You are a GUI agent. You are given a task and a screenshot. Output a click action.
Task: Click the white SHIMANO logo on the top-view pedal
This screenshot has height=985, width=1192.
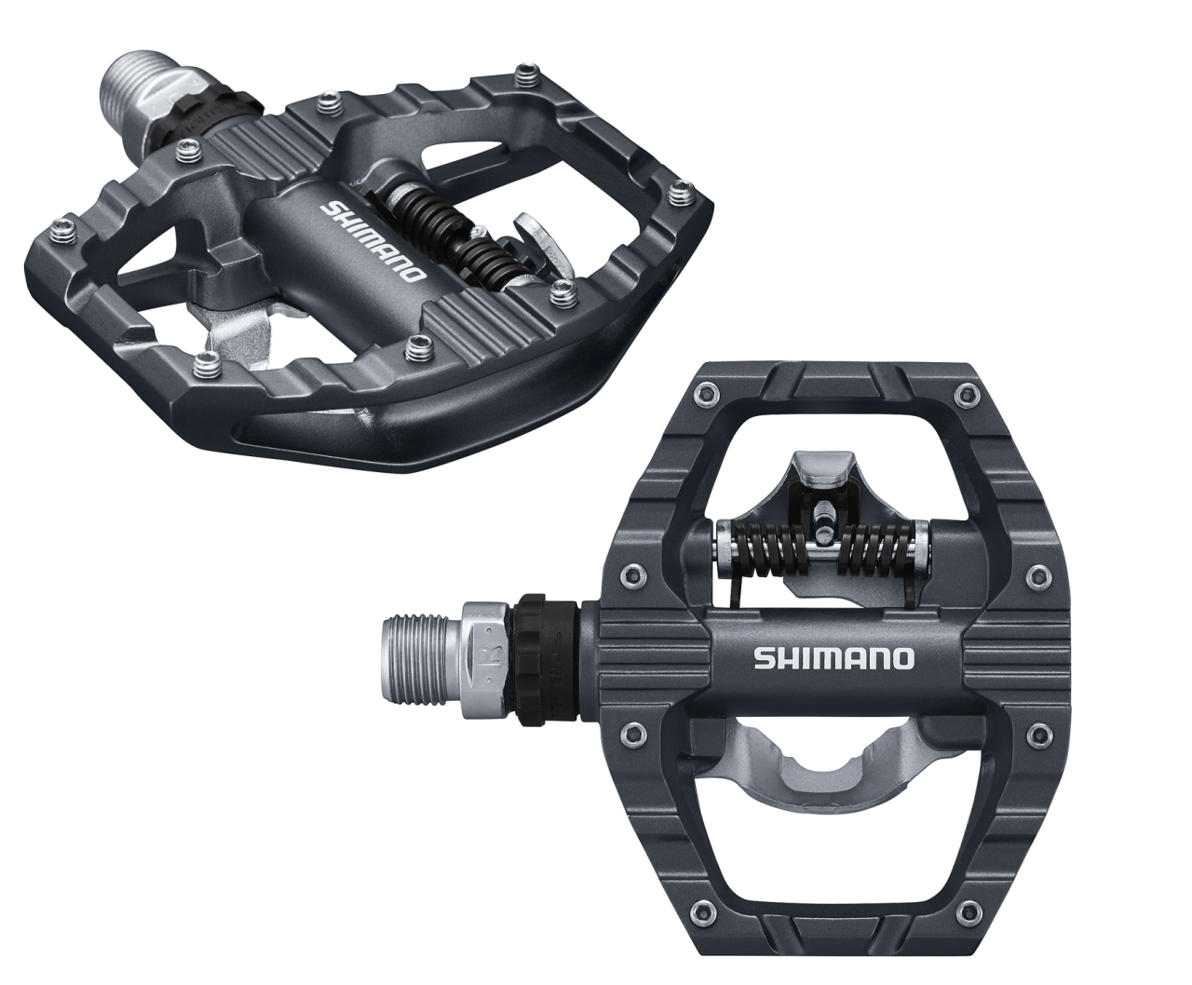tap(833, 658)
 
